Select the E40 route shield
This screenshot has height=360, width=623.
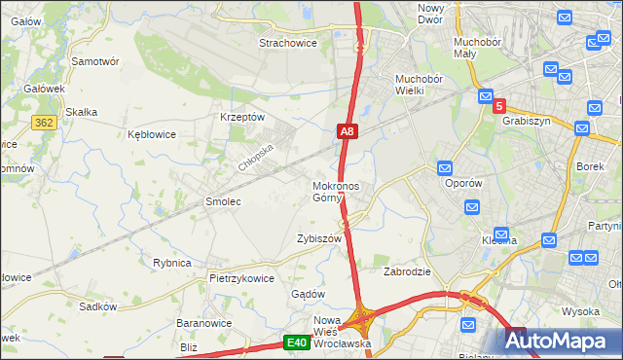pyautogui.click(x=297, y=342)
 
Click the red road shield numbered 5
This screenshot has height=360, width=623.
pyautogui.click(x=499, y=105)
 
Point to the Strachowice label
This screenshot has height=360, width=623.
pyautogui.click(x=288, y=43)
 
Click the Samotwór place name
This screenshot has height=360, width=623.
pyautogui.click(x=95, y=60)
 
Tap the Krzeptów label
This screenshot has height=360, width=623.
pyautogui.click(x=243, y=117)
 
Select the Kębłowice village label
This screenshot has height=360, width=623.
pyautogui.click(x=152, y=134)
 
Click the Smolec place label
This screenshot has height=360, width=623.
pyautogui.click(x=222, y=201)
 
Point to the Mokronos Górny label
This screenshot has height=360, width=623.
pyautogui.click(x=336, y=192)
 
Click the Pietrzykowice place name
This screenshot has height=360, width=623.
pyautogui.click(x=241, y=278)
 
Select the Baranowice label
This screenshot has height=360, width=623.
pyautogui.click(x=203, y=323)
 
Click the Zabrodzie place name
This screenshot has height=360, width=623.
pyautogui.click(x=408, y=271)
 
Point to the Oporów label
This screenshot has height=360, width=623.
pyautogui.click(x=463, y=183)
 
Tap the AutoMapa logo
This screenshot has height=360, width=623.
pyautogui.click(x=562, y=341)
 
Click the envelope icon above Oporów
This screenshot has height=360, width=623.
pyautogui.click(x=446, y=167)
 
